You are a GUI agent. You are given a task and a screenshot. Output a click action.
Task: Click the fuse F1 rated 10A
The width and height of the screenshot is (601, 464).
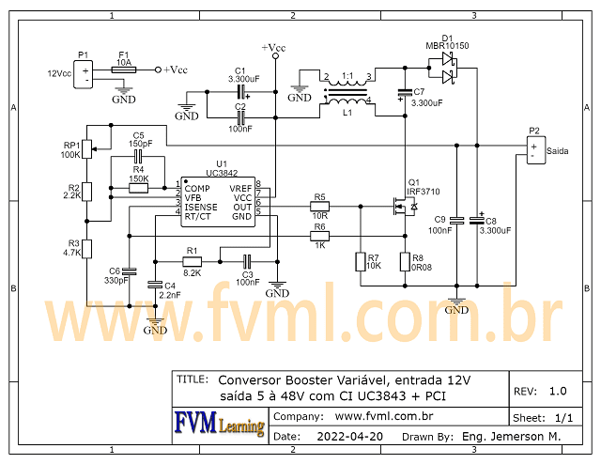coord(123,70)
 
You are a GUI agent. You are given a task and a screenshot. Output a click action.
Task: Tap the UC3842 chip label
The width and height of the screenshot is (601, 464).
coord(222,172)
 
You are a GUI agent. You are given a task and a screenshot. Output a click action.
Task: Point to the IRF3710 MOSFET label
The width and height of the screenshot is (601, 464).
coord(423,191)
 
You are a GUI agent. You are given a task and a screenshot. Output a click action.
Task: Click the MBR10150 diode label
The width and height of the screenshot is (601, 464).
coord(447,45)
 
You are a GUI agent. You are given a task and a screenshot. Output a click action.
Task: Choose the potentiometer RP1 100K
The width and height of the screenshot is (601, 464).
coord(85,148)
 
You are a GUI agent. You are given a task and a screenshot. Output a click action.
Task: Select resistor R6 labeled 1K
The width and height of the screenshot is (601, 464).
coord(320,237)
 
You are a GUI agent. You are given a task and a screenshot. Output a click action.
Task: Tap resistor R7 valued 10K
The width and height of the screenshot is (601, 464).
coord(360,261)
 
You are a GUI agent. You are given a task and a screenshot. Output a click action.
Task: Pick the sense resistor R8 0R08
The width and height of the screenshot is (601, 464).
coord(405,261)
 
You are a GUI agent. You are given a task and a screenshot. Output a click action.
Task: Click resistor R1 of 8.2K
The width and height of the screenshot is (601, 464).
coord(192,261)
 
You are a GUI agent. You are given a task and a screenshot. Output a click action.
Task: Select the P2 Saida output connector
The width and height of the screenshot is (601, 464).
coord(534,149)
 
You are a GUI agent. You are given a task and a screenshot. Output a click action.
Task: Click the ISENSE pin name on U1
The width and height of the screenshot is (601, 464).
coord(201,207)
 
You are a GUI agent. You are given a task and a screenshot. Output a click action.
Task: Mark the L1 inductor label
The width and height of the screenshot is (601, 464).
coord(347,112)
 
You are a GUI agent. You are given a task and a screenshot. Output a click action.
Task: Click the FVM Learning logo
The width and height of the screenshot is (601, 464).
coord(219,424)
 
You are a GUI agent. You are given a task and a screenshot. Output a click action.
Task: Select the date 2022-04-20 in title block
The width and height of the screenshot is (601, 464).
coord(349,437)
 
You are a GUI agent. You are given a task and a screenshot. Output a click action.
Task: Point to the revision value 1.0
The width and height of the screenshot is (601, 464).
coord(558,391)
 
